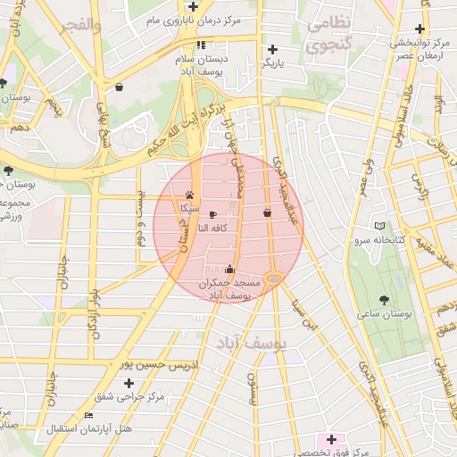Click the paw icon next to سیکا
point(190,194)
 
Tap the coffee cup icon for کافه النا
point(212,214)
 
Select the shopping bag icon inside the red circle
point(267,213)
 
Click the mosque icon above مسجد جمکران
point(230,268)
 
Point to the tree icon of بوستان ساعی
point(385,300)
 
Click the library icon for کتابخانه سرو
point(380,227)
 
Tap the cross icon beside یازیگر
point(272,49)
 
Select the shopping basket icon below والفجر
point(120,87)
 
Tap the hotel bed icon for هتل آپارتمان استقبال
point(87,416)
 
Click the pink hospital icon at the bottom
point(331,439)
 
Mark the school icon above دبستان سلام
point(201,45)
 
